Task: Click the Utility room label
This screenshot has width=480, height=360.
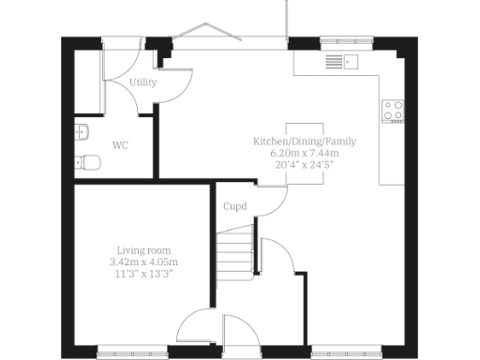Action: click(143, 82)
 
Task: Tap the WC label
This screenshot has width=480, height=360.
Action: click(120, 145)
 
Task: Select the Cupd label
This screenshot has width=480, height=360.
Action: click(234, 206)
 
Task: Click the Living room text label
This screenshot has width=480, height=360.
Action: click(143, 250)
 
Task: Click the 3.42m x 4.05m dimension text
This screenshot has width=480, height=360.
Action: click(143, 262)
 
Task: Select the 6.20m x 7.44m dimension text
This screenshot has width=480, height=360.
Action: click(305, 152)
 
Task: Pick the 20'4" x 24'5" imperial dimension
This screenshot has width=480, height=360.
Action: click(305, 164)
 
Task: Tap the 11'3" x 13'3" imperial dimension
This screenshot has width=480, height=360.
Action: click(143, 274)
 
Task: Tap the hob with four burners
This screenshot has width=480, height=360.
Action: click(393, 110)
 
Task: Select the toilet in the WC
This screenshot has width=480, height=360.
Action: click(89, 162)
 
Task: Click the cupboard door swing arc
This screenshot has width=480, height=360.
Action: click(272, 202)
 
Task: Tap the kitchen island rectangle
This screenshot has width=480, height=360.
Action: click(305, 153)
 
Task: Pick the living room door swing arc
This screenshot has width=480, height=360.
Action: click(195, 328)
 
